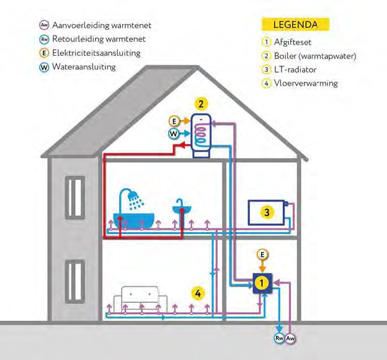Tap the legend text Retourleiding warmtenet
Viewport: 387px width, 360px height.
(99, 39)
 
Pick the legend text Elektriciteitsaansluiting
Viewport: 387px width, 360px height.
(96, 53)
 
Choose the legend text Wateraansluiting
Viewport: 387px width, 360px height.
(84, 66)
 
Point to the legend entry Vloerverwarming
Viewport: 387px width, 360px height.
(306, 83)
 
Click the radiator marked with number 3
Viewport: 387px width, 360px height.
(266, 212)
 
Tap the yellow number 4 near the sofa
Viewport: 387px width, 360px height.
(197, 293)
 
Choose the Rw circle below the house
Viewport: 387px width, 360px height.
(279, 338)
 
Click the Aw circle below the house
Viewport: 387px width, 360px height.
(291, 338)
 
